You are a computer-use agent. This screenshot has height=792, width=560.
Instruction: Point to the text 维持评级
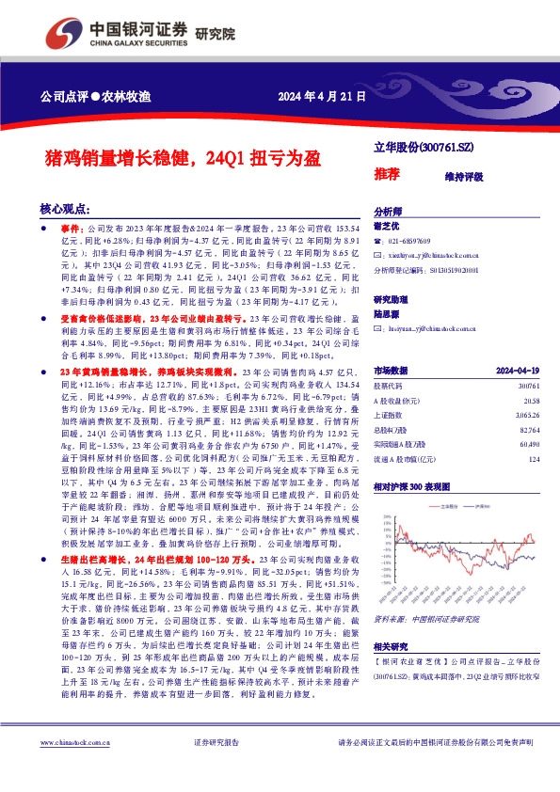pos(463,176)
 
